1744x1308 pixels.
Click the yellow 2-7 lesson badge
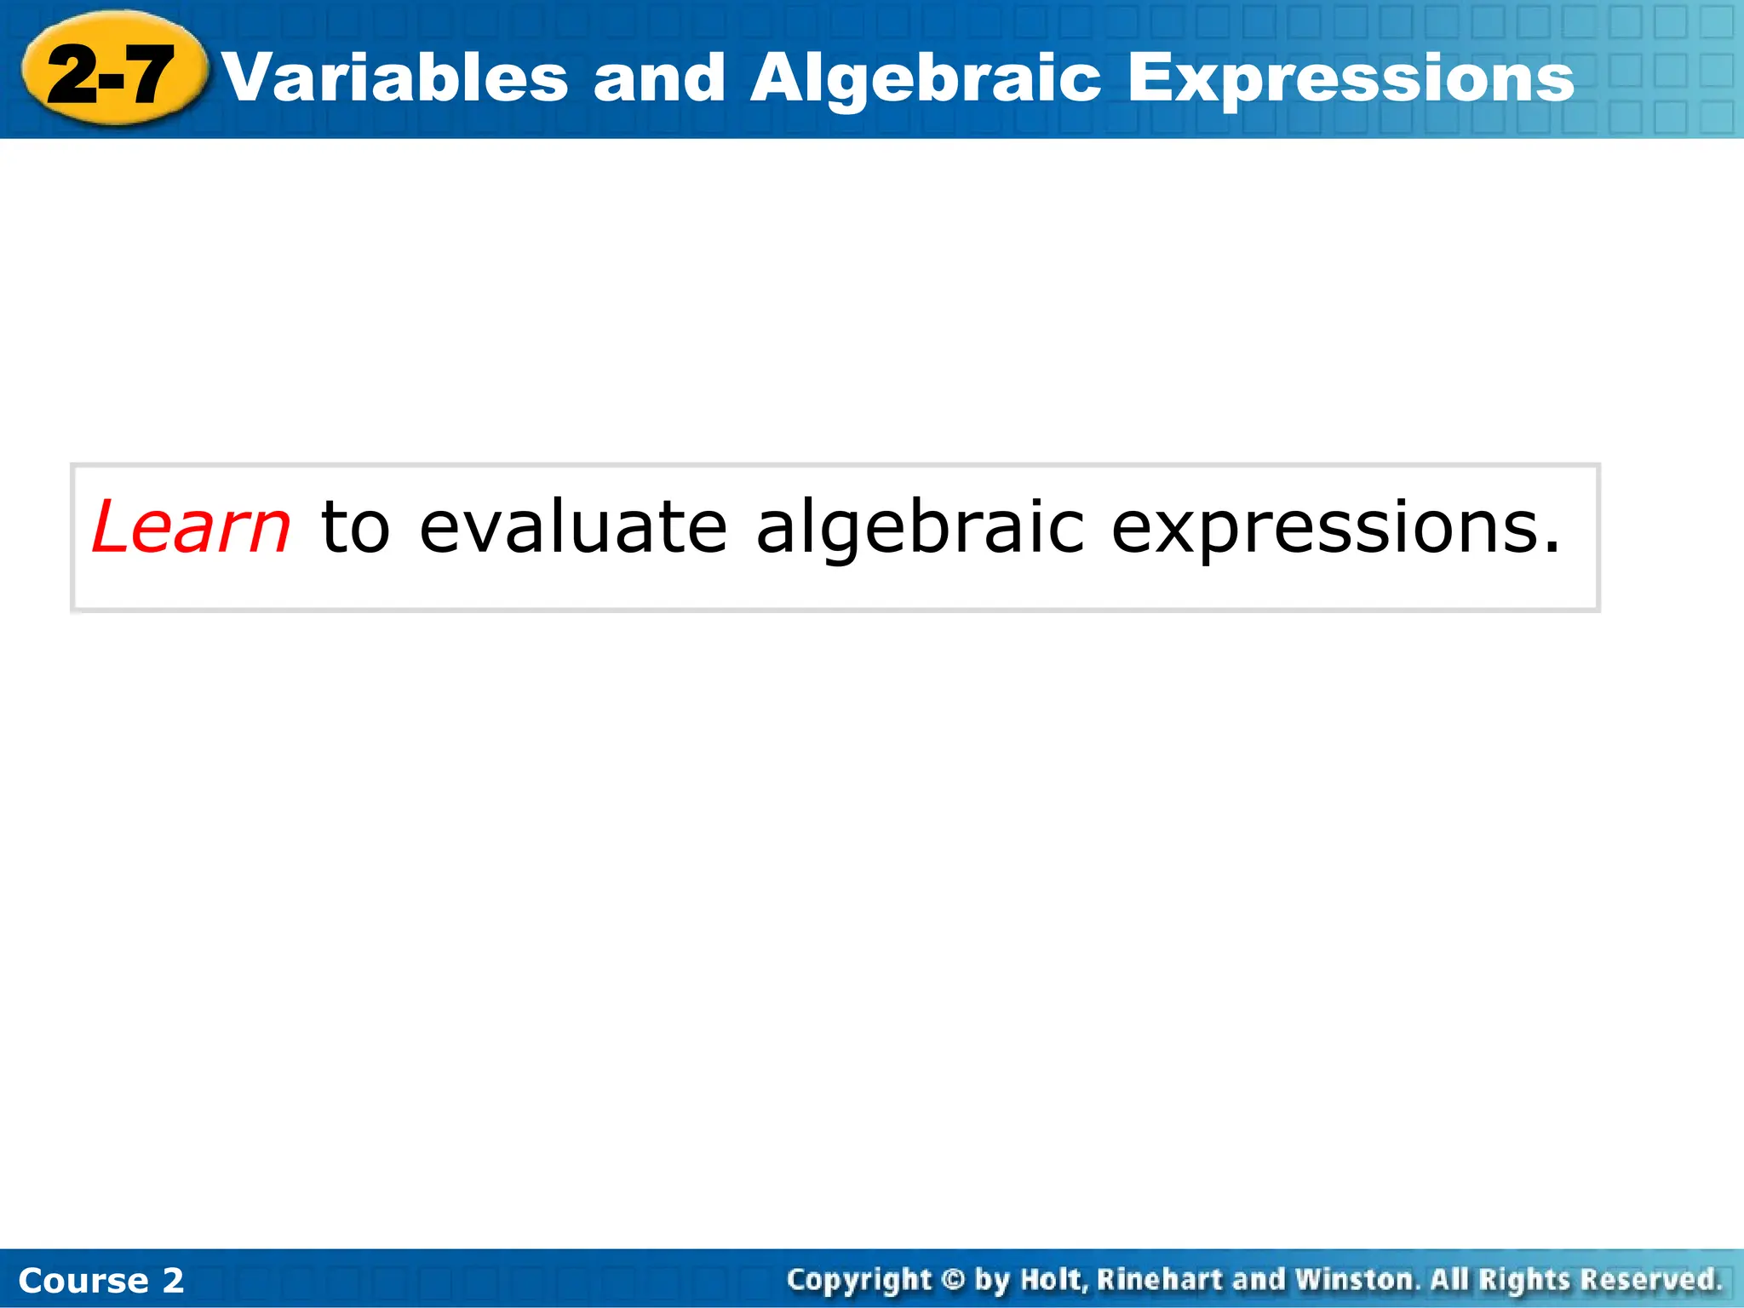coord(112,75)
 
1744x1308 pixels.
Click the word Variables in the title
coord(395,78)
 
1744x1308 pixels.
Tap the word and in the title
coord(659,78)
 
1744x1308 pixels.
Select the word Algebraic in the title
coord(926,78)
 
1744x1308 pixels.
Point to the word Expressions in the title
coord(1351,78)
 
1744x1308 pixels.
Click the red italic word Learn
coord(191,527)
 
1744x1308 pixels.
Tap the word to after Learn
coord(355,527)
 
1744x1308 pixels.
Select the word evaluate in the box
coord(573,527)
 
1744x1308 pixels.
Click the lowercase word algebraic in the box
coord(920,527)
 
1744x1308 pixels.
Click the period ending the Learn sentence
coord(1552,548)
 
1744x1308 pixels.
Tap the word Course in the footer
coord(83,1281)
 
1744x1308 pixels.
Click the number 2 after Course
coord(173,1281)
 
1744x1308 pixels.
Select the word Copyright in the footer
coord(858,1280)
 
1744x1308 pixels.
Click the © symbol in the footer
coord(954,1280)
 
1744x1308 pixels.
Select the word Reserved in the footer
coord(1650,1280)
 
